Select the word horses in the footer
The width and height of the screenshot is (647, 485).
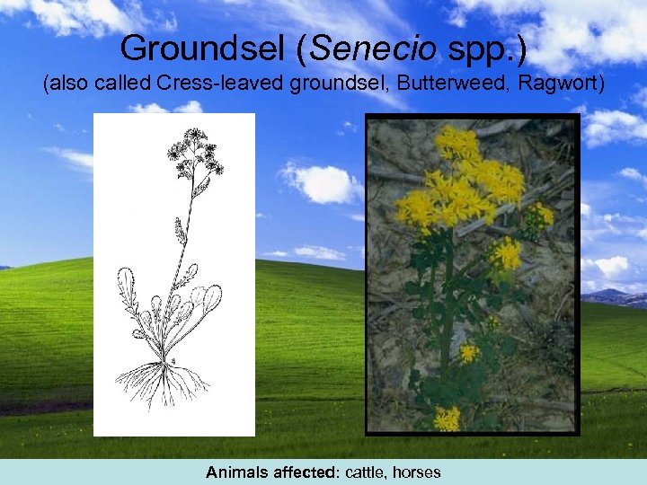tap(415, 472)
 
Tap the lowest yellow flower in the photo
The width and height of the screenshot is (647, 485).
tap(446, 419)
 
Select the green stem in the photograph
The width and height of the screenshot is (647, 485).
tap(447, 296)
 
